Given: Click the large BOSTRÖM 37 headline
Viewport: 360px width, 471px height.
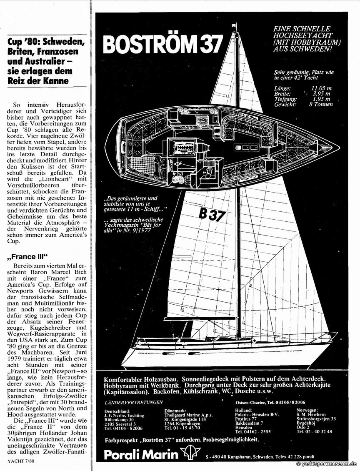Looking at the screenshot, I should pos(163,44).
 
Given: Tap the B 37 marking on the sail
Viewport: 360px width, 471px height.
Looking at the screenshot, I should pos(212,214).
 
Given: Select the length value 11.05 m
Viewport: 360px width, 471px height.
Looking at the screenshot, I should pos(322,88).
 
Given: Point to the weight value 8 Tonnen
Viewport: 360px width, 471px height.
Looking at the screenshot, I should pos(321,104).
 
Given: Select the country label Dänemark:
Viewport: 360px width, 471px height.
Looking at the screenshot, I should pos(175,411).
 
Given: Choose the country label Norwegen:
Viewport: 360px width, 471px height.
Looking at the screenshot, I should pos(308,411).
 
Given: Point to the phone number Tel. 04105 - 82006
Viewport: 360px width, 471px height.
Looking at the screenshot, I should pos(123,428).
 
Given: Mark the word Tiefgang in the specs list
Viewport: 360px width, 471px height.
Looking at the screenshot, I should pos(285,99).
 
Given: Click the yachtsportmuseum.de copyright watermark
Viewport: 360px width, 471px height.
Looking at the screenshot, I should pos(327,463).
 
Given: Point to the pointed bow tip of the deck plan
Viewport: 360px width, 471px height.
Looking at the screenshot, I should pos(338,148).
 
